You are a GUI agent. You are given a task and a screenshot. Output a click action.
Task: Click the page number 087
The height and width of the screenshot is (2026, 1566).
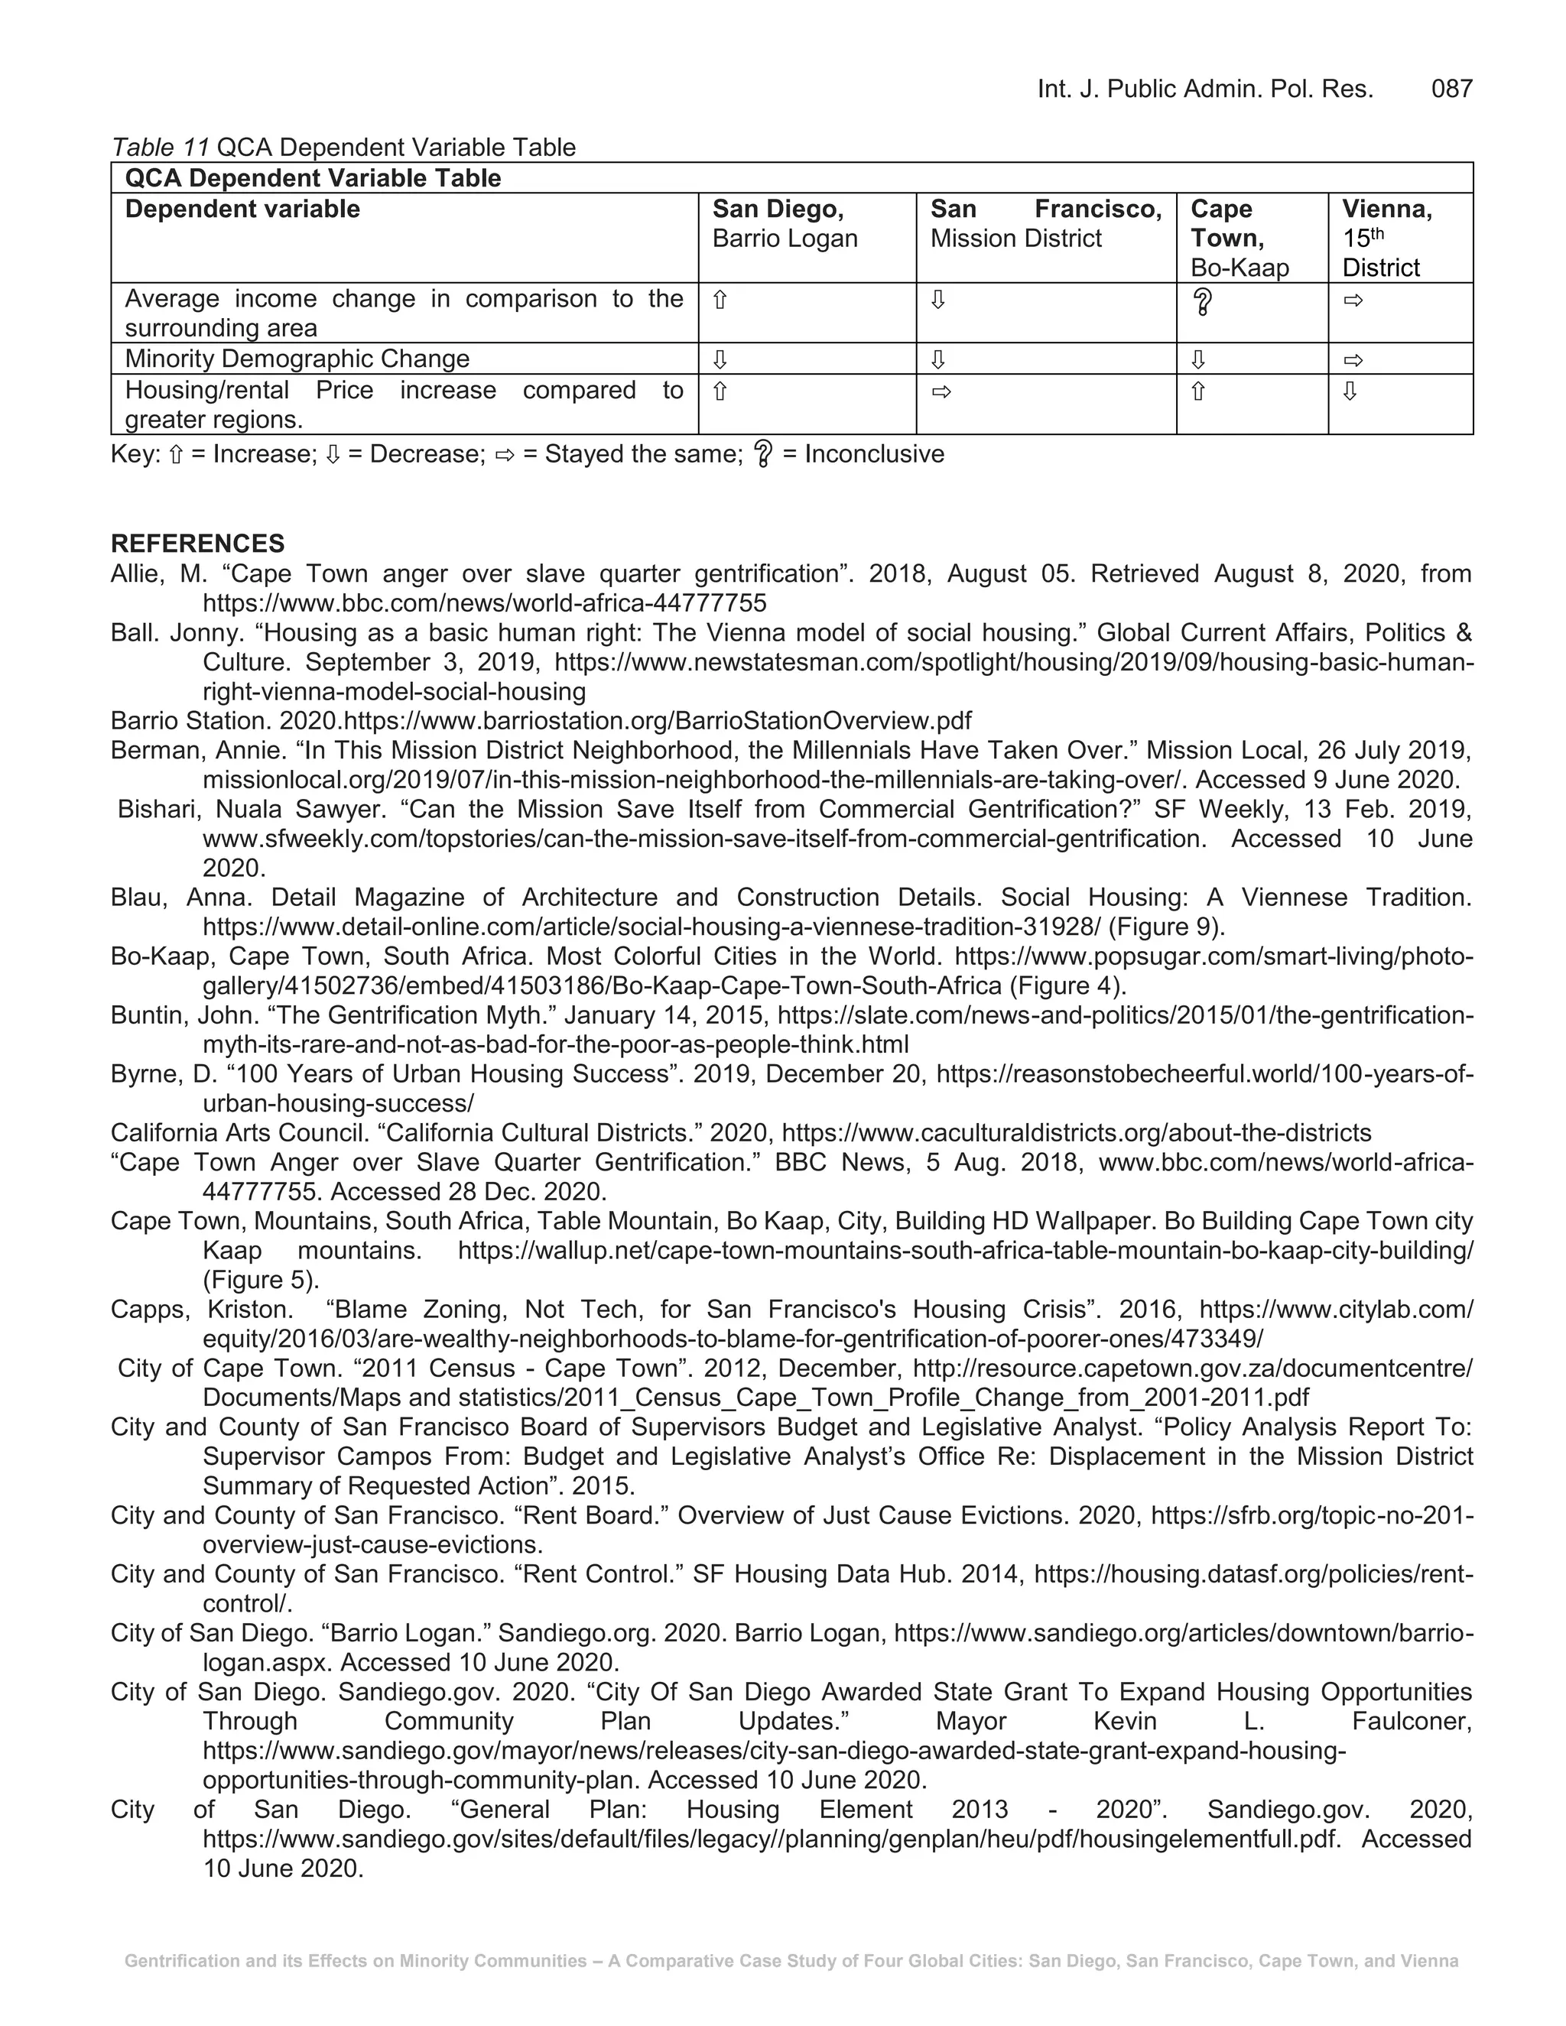pyautogui.click(x=1451, y=89)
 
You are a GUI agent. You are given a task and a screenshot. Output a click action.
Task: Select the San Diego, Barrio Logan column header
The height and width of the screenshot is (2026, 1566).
pyautogui.click(x=784, y=223)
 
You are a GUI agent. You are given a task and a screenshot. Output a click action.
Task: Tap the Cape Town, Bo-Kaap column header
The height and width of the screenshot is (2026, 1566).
pyautogui.click(x=1239, y=238)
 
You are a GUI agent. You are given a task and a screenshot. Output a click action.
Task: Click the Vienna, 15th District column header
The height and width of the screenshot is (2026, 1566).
pyautogui.click(x=1386, y=238)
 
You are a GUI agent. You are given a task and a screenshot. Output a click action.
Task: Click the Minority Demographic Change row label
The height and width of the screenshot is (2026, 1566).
pyautogui.click(x=297, y=359)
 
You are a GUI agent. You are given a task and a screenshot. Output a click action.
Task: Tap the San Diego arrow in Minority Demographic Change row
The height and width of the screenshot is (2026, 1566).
pyautogui.click(x=719, y=360)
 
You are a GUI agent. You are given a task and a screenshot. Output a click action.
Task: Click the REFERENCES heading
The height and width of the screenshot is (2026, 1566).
pyautogui.click(x=197, y=544)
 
